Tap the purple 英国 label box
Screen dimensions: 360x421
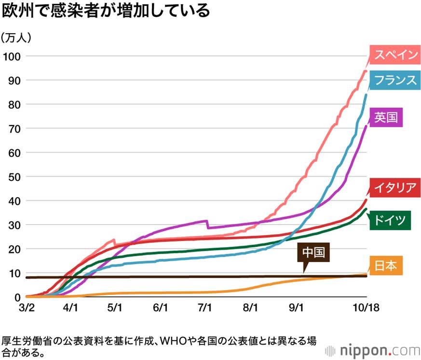[387, 117]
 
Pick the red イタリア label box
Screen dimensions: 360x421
[394, 187]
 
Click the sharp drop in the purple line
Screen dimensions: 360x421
[207, 225]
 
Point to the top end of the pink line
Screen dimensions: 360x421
[366, 71]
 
